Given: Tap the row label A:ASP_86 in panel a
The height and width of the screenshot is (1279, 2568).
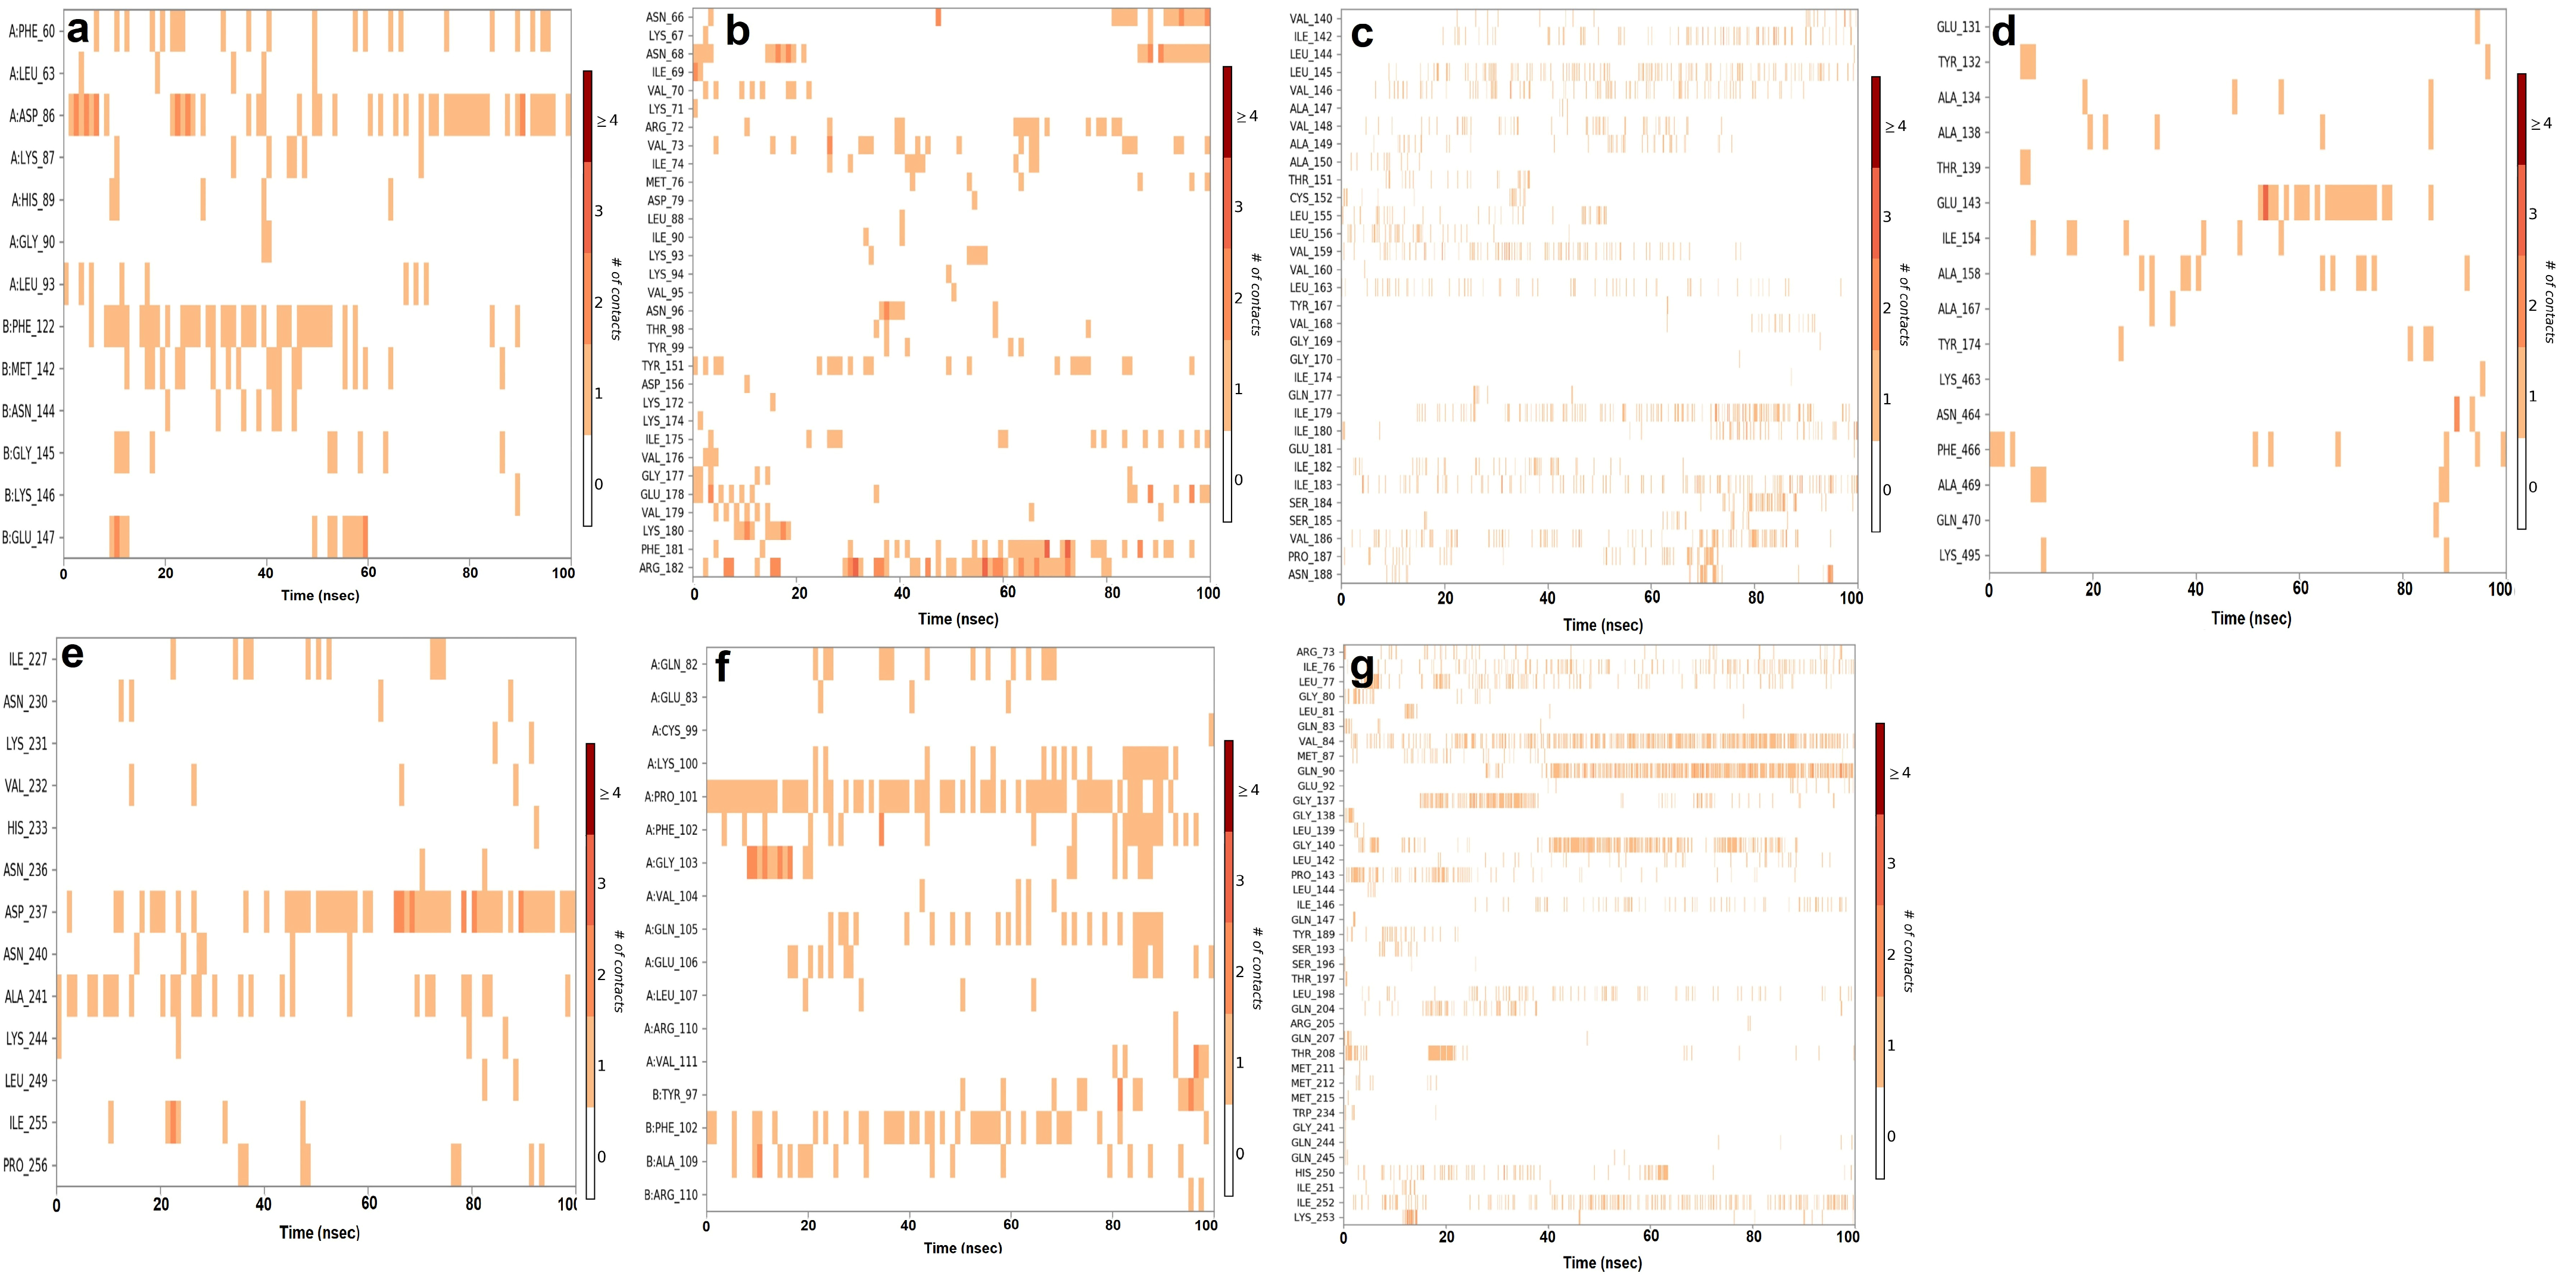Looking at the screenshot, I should [x=33, y=116].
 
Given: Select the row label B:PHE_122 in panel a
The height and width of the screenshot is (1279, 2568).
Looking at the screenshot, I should [x=29, y=326].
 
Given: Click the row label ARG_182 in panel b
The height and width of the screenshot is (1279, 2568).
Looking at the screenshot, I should [x=662, y=568].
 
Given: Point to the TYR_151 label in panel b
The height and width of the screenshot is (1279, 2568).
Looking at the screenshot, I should [x=663, y=366].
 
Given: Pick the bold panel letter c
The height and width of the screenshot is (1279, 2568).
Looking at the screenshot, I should [x=1362, y=35].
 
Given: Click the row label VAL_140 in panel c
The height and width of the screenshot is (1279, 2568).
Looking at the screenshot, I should [x=1310, y=18].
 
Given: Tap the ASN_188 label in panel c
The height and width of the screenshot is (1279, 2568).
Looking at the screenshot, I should [x=1310, y=574].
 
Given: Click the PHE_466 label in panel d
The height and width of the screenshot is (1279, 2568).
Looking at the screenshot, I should [x=1958, y=450].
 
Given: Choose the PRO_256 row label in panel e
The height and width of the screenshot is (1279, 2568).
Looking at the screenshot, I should [x=26, y=1164].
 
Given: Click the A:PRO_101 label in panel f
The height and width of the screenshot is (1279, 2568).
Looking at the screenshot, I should [x=671, y=797].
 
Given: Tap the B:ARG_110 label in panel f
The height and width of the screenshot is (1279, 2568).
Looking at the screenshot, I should [x=671, y=1194].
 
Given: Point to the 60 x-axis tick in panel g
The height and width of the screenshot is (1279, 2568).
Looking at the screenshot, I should [x=1651, y=1236].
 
